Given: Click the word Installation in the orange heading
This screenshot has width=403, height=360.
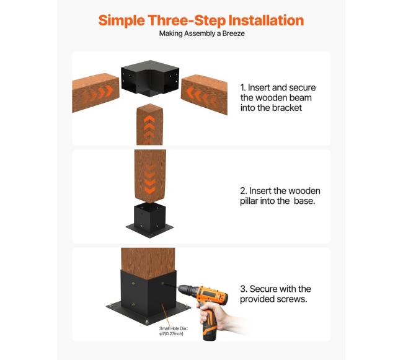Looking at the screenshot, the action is coord(266,20).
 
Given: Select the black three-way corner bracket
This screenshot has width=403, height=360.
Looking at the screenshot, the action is coord(150,78).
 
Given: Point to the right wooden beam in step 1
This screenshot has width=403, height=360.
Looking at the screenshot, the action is coord(204,94).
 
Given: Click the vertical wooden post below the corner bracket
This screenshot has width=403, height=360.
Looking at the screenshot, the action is coord(149,125).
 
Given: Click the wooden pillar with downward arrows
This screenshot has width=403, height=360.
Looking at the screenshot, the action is coord(150,176).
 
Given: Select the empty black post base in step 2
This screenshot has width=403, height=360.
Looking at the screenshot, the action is coord(149,220).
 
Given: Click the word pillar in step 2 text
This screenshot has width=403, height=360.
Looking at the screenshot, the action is coord(249,201).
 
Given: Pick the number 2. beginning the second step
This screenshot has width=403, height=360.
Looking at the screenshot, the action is coord(244,191).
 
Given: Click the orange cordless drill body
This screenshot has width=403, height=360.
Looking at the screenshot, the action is coord(211,296).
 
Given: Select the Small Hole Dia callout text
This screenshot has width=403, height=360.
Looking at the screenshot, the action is coord(173,331).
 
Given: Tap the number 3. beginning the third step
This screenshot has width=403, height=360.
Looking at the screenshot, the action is coord(244,289).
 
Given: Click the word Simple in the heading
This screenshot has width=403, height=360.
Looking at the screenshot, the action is coord(122,21).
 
